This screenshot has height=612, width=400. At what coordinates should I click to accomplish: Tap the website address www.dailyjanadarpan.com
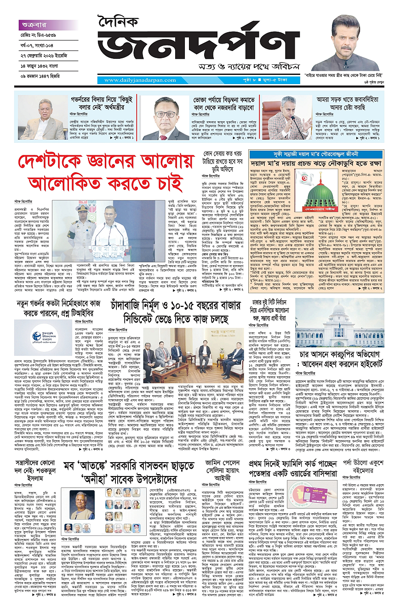[x=138, y=80]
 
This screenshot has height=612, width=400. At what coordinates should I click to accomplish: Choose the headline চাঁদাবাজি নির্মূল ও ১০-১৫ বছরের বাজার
[x=183, y=312]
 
